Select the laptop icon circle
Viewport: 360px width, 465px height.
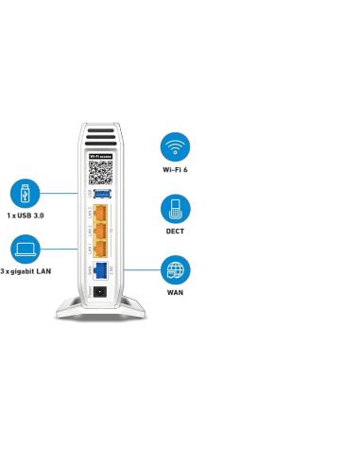tap(25, 249)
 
